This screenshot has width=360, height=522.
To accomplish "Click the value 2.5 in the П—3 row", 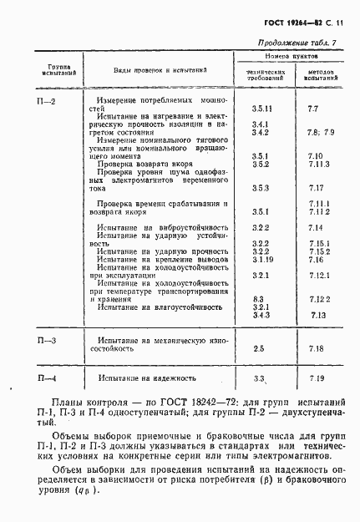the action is (258, 348).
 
